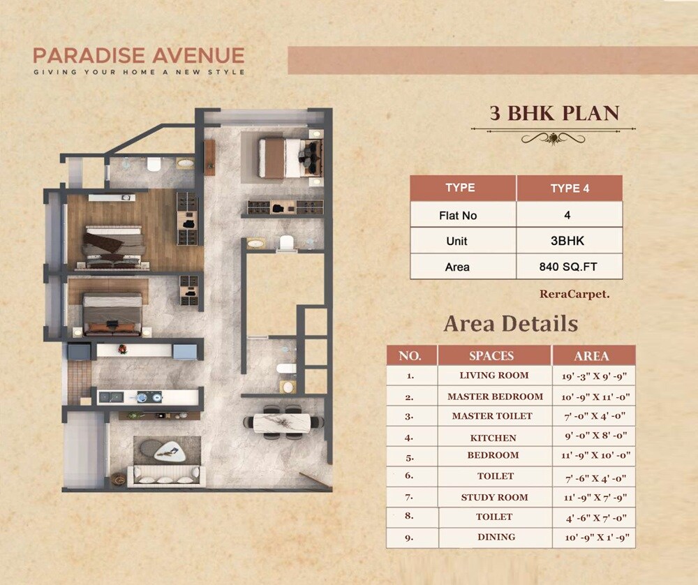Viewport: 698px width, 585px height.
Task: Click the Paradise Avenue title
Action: [139, 55]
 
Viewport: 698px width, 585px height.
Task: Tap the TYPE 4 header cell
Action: [569, 188]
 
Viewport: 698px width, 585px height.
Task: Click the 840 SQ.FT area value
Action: [569, 267]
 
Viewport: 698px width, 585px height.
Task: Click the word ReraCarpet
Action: [574, 295]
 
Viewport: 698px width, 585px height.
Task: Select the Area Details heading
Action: [510, 324]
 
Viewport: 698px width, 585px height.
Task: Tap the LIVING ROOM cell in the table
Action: [494, 376]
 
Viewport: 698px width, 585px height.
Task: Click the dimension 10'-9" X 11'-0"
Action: [591, 397]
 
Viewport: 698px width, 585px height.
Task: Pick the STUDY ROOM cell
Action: [494, 498]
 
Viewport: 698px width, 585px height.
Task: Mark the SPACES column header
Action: [491, 355]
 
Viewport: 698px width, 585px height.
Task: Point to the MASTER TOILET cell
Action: [491, 416]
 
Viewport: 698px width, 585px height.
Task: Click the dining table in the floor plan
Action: [283, 423]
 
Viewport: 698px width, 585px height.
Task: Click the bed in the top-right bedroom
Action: [283, 158]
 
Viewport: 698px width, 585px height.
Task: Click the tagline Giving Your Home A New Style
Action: [139, 72]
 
